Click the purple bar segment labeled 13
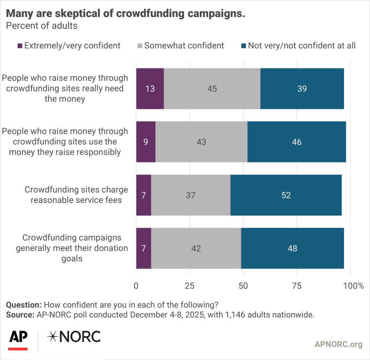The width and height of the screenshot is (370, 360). [x=150, y=89]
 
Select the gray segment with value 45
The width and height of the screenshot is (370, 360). [x=212, y=89]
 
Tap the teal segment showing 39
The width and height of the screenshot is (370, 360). [x=302, y=89]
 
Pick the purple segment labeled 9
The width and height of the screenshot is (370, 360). [x=146, y=142]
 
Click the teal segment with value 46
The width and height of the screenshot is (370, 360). [x=297, y=142]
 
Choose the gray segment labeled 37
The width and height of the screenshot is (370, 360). [x=191, y=195]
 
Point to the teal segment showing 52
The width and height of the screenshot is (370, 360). [x=286, y=195]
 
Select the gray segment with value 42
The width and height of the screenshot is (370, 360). [x=196, y=249]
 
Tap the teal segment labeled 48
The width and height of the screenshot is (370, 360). [x=292, y=249]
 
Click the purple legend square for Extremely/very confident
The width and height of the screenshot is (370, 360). [x=20, y=46]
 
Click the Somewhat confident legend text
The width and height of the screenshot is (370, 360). [x=184, y=46]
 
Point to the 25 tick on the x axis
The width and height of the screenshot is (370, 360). [x=190, y=286]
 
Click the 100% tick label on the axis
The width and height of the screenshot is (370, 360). [x=353, y=286]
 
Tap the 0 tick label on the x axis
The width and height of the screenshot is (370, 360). [x=136, y=286]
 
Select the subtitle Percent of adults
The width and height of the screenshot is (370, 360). [x=42, y=26]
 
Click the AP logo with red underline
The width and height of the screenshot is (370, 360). [x=18, y=339]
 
